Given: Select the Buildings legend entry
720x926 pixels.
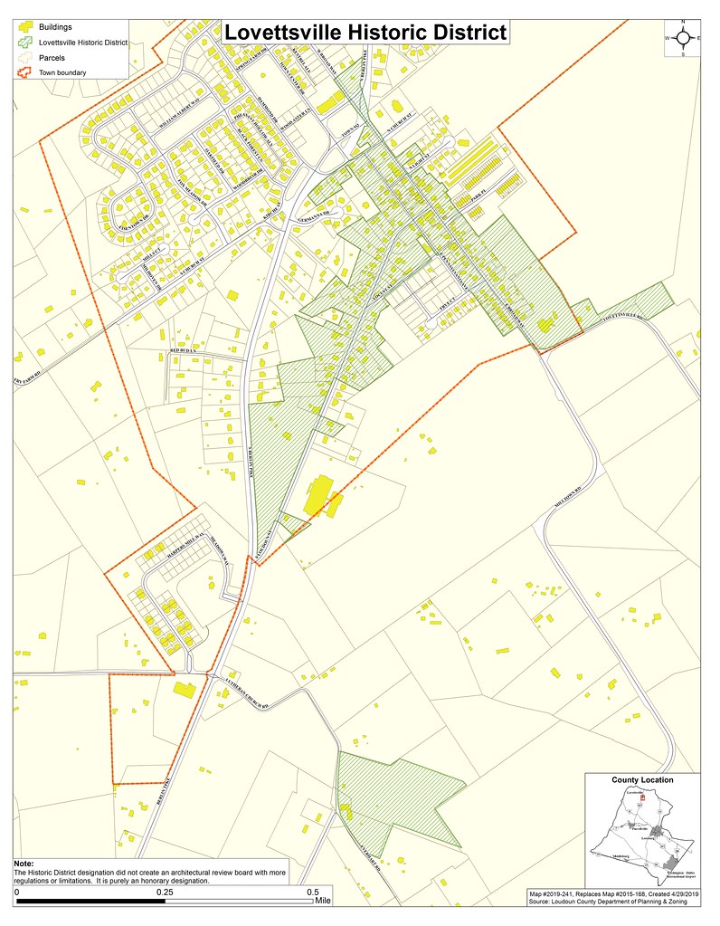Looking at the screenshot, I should [53, 26].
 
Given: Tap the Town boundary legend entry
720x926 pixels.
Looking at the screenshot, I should [62, 72].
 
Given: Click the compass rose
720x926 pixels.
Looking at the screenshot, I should [683, 37].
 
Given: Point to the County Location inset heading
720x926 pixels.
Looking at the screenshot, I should [642, 779].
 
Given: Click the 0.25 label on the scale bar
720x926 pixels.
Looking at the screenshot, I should [166, 892].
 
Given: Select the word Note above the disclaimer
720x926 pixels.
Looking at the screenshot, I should [24, 864].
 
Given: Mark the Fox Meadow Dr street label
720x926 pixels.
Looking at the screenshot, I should [192, 194].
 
